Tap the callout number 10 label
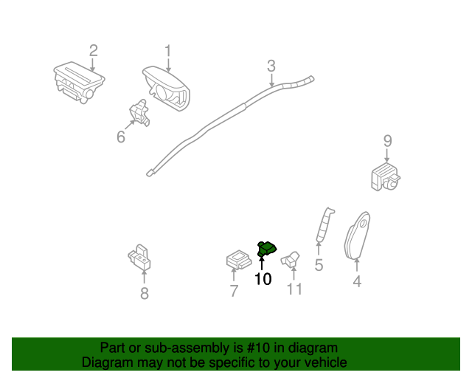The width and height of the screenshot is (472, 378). pyautogui.click(x=263, y=279)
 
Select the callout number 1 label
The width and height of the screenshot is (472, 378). pyautogui.click(x=167, y=51)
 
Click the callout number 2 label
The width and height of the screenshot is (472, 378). pyautogui.click(x=93, y=51)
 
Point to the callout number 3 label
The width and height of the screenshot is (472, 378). pyautogui.click(x=271, y=66)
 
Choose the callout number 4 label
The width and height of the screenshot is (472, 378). pyautogui.click(x=357, y=281)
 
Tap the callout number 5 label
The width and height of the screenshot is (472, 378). pyautogui.click(x=319, y=265)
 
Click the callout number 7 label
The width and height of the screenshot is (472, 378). pyautogui.click(x=234, y=291)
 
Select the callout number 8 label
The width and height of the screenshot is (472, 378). pyautogui.click(x=144, y=294)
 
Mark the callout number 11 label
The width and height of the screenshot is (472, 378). pyautogui.click(x=294, y=289)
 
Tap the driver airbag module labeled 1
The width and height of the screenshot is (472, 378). pyautogui.click(x=165, y=87)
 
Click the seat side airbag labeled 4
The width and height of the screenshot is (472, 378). pyautogui.click(x=357, y=237)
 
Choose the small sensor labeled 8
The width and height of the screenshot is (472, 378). pyautogui.click(x=139, y=255)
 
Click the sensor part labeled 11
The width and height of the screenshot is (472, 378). pyautogui.click(x=293, y=258)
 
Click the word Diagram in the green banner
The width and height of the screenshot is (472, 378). pyautogui.click(x=105, y=362)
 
